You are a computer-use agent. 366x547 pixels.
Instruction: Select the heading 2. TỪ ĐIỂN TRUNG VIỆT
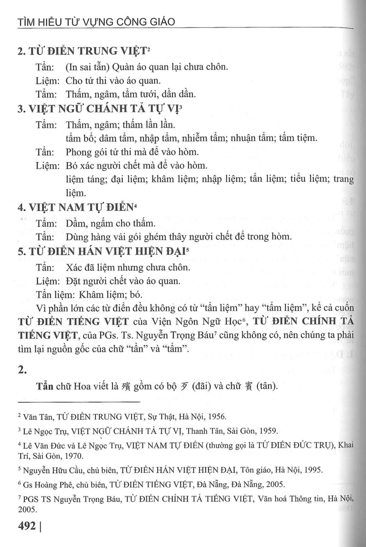pyautogui.click(x=81, y=51)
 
